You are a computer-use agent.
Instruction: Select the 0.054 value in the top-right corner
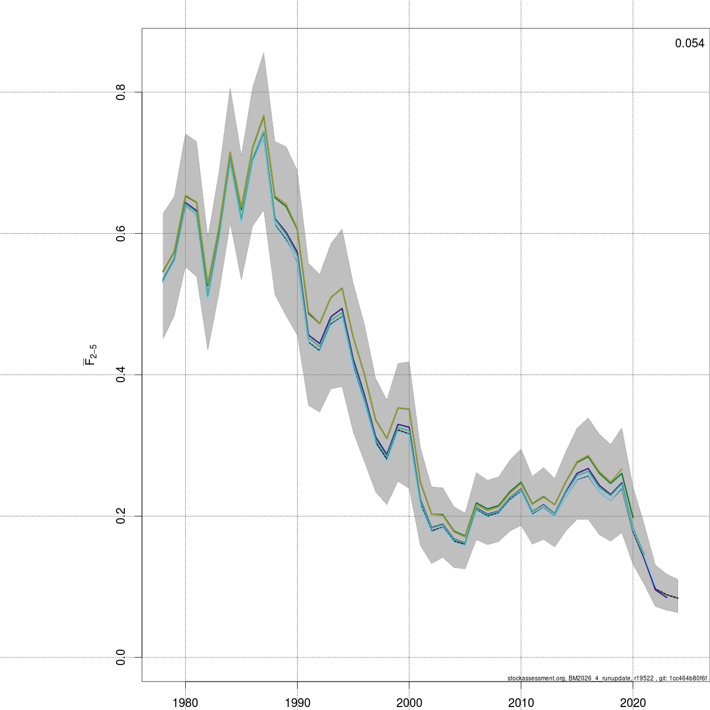[689, 43]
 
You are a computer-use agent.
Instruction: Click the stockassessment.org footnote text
[607, 678]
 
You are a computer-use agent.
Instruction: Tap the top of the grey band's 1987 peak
[264, 53]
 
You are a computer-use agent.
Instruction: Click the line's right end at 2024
[677, 598]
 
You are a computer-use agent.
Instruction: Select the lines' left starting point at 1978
[163, 277]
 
